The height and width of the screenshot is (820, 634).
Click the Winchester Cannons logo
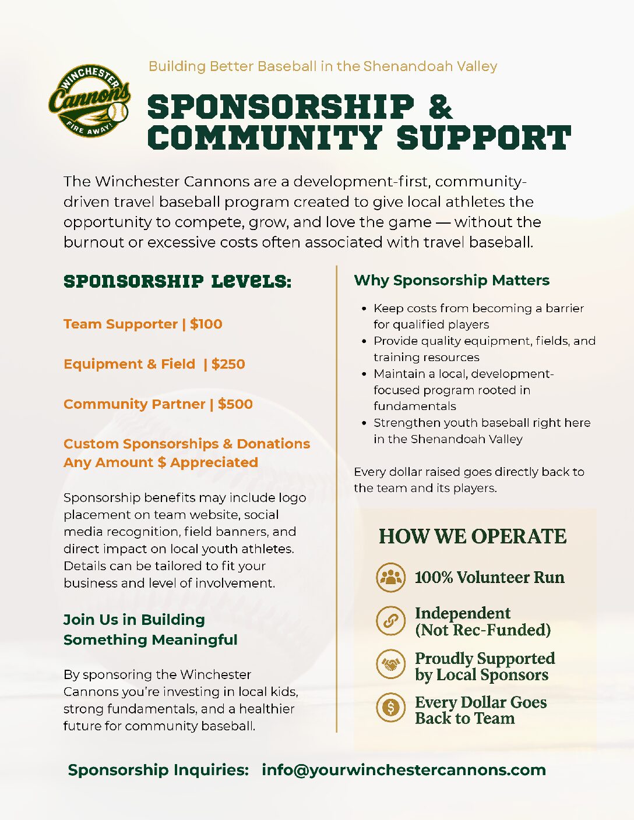point(89,101)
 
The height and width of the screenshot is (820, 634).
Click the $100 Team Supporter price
point(206,324)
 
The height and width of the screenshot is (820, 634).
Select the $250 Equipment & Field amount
point(228,365)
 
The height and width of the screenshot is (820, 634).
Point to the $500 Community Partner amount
point(235,404)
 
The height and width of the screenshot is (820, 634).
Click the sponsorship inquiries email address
point(403,770)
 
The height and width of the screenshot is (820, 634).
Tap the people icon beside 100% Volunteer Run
point(390,577)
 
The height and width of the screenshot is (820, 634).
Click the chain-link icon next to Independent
point(390,621)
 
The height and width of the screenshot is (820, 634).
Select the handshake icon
point(390,665)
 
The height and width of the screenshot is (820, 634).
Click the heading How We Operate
point(473,536)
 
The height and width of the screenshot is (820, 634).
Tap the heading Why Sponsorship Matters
point(452,281)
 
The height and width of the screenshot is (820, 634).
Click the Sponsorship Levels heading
point(177,281)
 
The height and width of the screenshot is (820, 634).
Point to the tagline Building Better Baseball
point(323,66)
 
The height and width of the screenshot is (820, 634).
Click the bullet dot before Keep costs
point(364,309)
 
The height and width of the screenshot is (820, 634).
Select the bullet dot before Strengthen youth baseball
point(364,423)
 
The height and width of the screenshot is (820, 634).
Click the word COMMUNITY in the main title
point(265,138)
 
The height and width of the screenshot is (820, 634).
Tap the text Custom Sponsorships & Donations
point(186,444)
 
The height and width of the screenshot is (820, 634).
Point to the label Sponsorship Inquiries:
point(158,770)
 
